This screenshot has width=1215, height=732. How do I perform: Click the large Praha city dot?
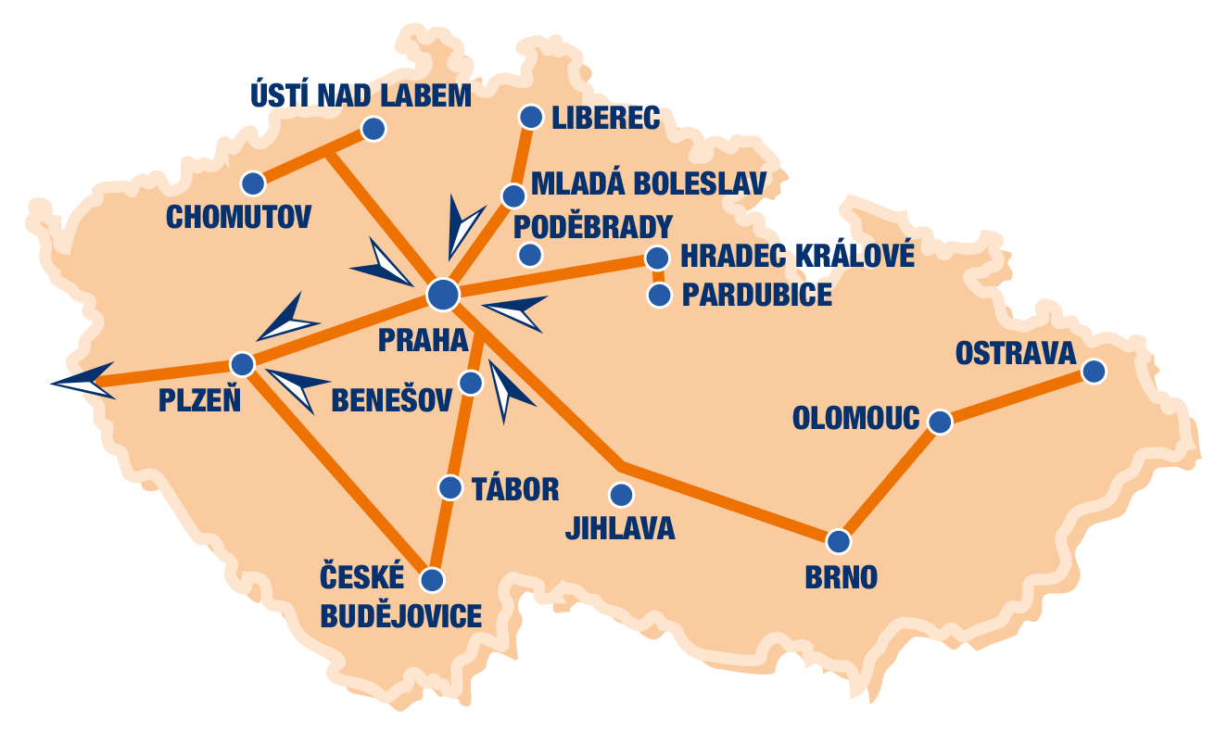point(443,294)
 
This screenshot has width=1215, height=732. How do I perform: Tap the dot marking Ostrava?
point(1094,372)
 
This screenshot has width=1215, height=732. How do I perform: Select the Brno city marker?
point(838,540)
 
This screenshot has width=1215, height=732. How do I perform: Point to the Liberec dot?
point(531,117)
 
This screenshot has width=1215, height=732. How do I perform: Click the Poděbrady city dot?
point(529,254)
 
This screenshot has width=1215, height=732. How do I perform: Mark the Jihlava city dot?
point(621,494)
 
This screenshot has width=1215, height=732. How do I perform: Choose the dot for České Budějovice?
point(432,580)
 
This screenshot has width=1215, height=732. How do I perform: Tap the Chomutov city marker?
point(252,183)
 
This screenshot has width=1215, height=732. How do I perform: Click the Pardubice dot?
point(659,296)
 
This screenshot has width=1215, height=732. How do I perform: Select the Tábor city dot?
point(450,487)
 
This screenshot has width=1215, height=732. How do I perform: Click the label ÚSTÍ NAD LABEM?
point(361,95)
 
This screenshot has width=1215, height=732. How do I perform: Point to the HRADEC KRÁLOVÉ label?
point(797,256)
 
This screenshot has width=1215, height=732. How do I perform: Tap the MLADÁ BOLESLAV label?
point(649,183)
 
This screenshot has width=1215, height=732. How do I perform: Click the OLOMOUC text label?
point(855,419)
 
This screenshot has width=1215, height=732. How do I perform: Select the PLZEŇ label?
point(199,401)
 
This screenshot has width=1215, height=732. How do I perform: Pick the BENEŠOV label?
point(391,400)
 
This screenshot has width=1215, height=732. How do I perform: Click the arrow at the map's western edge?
point(83,381)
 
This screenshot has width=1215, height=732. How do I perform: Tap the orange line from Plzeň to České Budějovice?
point(338,473)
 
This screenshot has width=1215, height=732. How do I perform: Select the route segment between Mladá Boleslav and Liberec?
point(523,156)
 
